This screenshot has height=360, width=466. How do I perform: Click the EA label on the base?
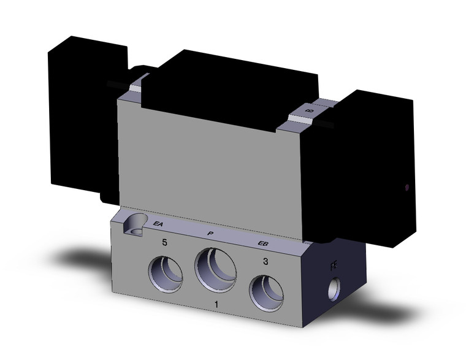(x=158, y=224)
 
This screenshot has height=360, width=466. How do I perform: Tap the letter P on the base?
(x=210, y=234)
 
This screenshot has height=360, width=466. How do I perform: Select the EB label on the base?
(x=263, y=243)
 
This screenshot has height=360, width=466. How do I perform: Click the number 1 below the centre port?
(x=215, y=305)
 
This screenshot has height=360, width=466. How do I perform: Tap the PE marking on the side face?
(x=334, y=266)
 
